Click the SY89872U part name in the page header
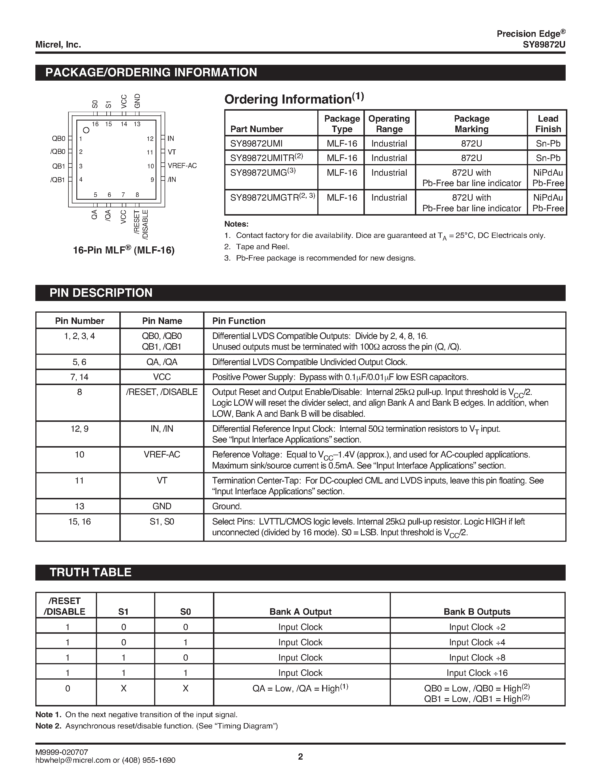pos(544,44)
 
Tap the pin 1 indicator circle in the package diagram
pos(86,130)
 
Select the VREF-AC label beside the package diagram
pos(182,166)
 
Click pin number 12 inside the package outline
pos(150,139)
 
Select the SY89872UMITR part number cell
pos(266,158)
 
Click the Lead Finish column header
pos(548,124)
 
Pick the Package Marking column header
pos(471,124)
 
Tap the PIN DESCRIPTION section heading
pos(101,293)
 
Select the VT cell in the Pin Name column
pos(162,481)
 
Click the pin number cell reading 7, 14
pos(79,377)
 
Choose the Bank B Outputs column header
pos(477,612)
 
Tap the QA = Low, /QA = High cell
pos(300,688)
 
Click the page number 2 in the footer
pos(300,756)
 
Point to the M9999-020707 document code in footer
pos(62,752)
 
